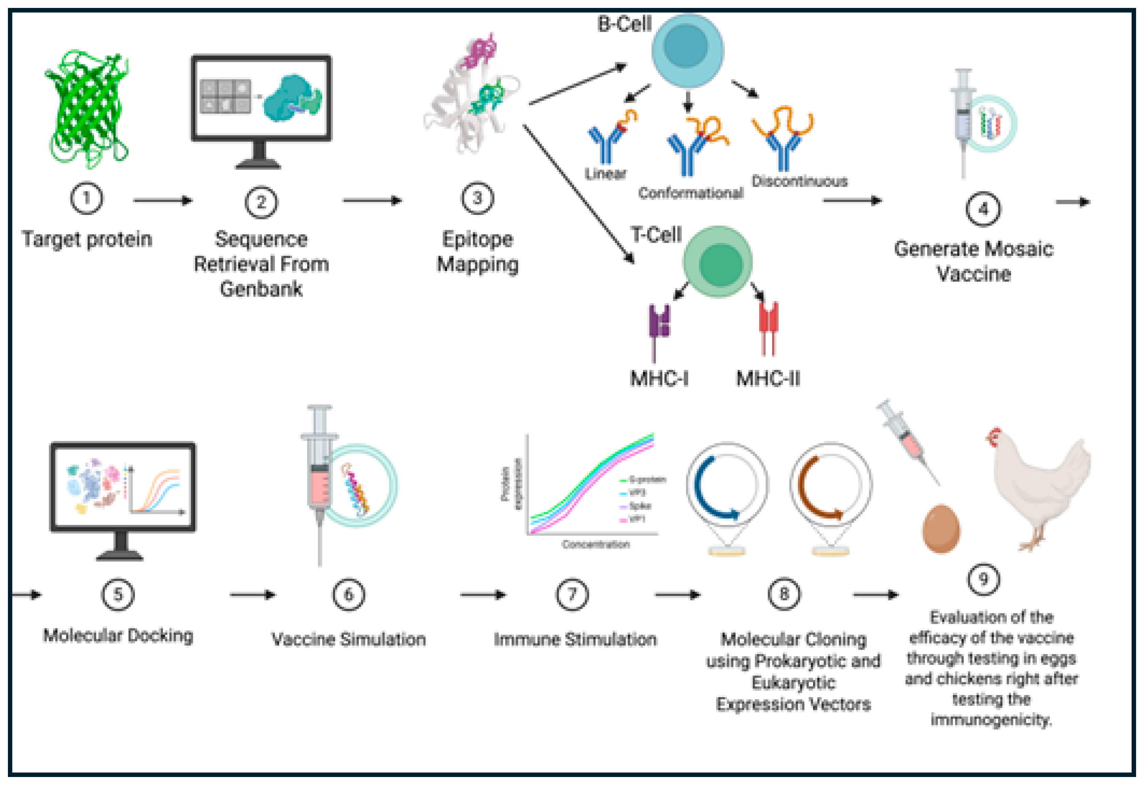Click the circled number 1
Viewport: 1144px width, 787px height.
pyautogui.click(x=86, y=198)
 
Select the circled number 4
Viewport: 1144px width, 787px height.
pyautogui.click(x=983, y=209)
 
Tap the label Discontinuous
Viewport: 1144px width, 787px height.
pyautogui.click(x=799, y=182)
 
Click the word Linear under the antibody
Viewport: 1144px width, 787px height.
pyautogui.click(x=605, y=174)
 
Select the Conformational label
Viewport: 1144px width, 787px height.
pyautogui.click(x=690, y=193)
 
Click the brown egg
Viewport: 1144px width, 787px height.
pyautogui.click(x=940, y=529)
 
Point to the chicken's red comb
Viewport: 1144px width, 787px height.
pyautogui.click(x=994, y=436)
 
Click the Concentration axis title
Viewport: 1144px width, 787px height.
pyautogui.click(x=595, y=545)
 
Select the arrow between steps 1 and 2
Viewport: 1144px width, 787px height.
pyautogui.click(x=162, y=200)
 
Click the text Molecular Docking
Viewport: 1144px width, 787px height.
pyautogui.click(x=118, y=635)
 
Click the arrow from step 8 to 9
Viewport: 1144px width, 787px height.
pyautogui.click(x=875, y=595)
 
